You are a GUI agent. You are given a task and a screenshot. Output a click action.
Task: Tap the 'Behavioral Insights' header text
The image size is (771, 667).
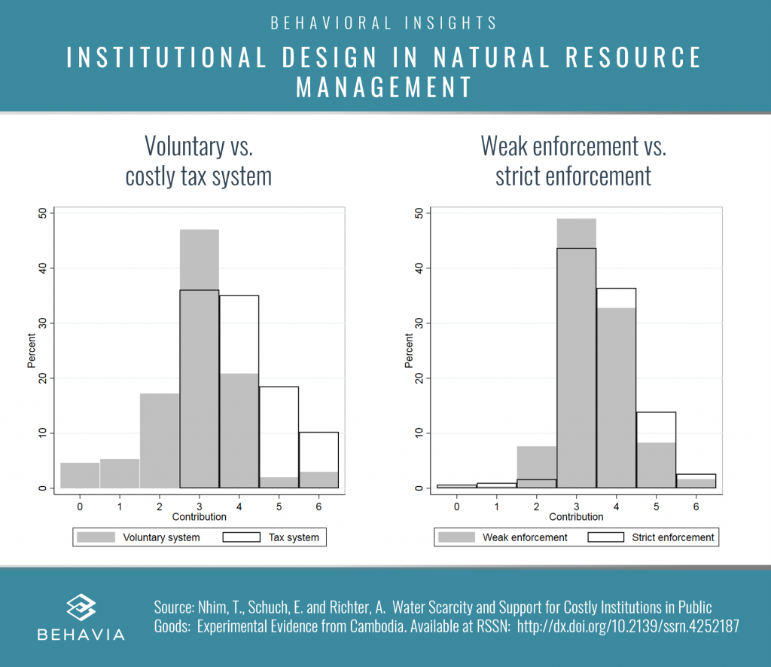(385, 23)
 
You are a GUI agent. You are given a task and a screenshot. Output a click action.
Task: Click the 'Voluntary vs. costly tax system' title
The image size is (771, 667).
(199, 161)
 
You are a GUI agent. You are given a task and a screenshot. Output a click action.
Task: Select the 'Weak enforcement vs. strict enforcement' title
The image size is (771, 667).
(573, 161)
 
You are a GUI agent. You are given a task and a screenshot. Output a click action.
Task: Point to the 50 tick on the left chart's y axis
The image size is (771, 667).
(42, 213)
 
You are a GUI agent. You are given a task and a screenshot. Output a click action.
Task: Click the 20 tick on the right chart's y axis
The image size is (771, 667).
(419, 378)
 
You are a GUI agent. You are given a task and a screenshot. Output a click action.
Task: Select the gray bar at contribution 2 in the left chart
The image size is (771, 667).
(160, 441)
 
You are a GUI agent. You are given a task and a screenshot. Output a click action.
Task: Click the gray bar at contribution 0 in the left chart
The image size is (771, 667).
(80, 476)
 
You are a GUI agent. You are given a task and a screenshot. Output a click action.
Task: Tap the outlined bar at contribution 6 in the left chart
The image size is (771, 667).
(318, 460)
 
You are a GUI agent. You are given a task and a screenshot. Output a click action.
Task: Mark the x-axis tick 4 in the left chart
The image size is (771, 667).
(239, 506)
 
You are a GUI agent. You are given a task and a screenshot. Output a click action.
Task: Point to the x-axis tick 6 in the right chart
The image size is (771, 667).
(696, 506)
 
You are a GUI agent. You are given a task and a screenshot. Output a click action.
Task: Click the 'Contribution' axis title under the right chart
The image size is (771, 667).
(576, 517)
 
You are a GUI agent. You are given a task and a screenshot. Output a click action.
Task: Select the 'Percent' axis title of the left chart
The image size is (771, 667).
(32, 351)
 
